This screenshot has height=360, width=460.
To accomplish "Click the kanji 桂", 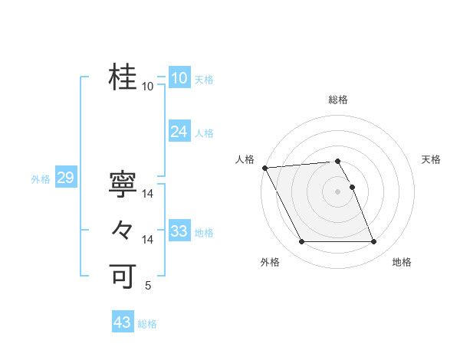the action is [x=123, y=77].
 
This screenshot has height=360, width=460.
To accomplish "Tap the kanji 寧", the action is [x=123, y=185].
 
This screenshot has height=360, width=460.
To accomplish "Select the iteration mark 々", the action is [x=123, y=230].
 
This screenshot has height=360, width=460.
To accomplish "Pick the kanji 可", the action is [x=123, y=275].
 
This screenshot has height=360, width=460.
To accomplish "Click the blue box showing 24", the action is [x=179, y=132].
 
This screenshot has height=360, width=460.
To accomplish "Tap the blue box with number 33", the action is [x=179, y=231].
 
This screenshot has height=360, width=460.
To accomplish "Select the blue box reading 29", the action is [x=65, y=178].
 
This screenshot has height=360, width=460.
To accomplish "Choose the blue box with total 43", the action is [x=122, y=322].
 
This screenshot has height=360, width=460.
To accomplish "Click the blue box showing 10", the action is [x=179, y=78].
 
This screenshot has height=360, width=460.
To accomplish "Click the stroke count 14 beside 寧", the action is [x=148, y=195].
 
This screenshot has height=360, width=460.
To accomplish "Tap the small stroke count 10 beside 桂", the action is [x=148, y=87].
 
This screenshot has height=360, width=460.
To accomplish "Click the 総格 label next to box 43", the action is [x=147, y=324].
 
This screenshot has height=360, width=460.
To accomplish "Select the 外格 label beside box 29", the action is [x=41, y=179].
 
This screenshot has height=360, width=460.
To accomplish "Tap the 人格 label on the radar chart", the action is [x=245, y=159].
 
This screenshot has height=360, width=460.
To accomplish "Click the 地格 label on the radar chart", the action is [x=402, y=263].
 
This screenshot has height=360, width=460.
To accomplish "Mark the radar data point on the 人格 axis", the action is [x=264, y=168].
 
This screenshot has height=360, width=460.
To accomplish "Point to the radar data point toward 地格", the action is [x=374, y=242].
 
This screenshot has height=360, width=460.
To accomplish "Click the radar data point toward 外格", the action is [x=301, y=242].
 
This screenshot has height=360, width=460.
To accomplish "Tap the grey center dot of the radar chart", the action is [x=337, y=191].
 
